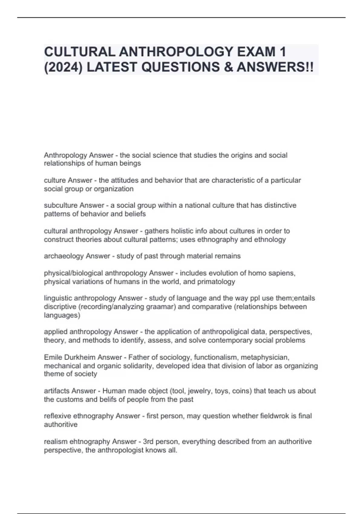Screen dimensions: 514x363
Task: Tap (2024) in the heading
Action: pos(63,67)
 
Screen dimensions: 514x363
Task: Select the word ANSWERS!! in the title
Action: pos(275,67)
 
